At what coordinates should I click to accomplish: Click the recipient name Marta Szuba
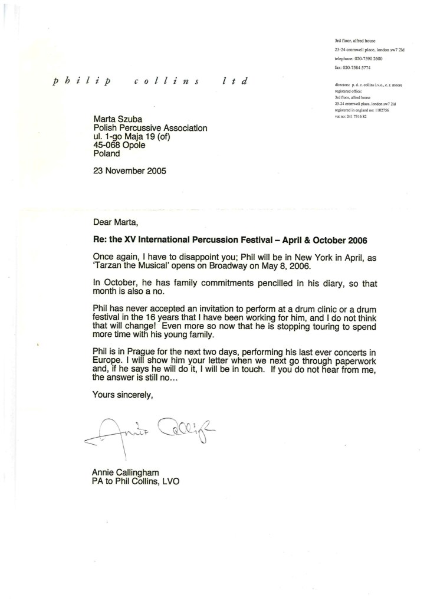coord(120,120)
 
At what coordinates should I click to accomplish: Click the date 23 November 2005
coord(130,172)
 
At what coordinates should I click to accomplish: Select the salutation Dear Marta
coord(118,223)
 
